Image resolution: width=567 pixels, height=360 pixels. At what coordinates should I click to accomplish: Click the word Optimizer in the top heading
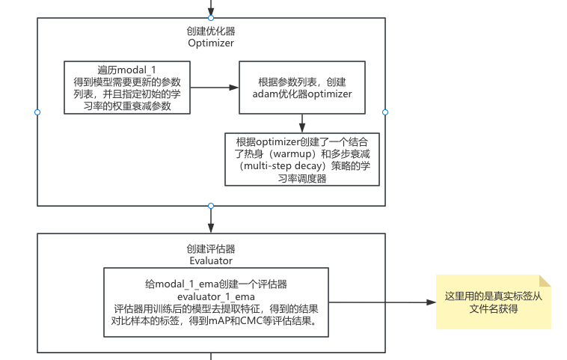point(211,43)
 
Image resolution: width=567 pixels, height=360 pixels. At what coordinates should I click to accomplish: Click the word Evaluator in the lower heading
point(211,261)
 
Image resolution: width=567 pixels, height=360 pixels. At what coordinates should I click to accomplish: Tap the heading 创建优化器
point(211,31)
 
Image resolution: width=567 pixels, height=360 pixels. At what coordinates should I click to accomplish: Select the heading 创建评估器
point(211,249)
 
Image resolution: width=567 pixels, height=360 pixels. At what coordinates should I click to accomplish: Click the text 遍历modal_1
point(126,70)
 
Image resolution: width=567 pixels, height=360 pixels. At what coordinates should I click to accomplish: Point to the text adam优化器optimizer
point(302,94)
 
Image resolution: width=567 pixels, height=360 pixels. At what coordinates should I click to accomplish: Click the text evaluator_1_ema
point(216,296)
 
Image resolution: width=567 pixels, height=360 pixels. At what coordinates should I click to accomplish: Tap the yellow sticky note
point(493,302)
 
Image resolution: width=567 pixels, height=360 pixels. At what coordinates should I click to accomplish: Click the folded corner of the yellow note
point(545,281)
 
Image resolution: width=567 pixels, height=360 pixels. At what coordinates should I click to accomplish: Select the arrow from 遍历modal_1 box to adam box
point(215,88)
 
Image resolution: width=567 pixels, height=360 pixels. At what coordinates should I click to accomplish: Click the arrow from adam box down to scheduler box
point(302,123)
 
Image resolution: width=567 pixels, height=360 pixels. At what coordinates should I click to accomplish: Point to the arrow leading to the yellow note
point(382,302)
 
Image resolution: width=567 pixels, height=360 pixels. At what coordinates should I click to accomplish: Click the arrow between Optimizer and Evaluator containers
point(211,219)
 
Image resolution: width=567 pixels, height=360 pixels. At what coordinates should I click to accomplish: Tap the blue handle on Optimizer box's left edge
point(37,112)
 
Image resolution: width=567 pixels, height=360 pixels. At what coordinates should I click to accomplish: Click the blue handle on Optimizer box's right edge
point(385,112)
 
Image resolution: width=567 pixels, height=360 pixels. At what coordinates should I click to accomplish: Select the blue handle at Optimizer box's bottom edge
point(211,206)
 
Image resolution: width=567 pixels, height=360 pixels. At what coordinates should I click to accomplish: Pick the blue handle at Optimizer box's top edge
point(211,18)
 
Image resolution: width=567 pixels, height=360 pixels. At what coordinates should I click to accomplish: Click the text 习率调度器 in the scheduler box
point(302,178)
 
